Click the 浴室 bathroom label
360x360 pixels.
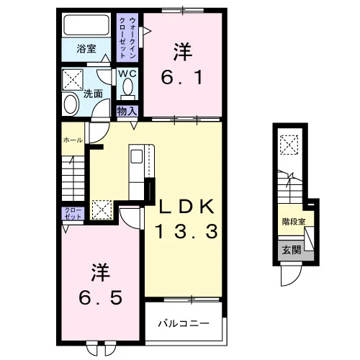[x=86, y=49]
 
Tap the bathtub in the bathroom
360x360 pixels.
[x=86, y=25]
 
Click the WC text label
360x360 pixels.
[x=127, y=73]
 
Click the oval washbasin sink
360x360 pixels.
[x=71, y=104]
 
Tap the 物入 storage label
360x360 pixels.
[x=127, y=111]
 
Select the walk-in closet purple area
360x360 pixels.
[x=127, y=37]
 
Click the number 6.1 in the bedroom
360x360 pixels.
[x=181, y=77]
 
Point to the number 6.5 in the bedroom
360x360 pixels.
[x=101, y=298]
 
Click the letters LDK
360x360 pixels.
[x=187, y=207]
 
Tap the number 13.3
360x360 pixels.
[x=186, y=231]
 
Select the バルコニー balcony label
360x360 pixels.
[x=184, y=324]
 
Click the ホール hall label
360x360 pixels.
[x=73, y=140]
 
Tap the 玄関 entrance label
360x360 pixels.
[x=292, y=250]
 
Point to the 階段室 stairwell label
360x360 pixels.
[x=294, y=222]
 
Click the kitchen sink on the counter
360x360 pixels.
[x=136, y=156]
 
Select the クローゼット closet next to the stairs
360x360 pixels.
[x=73, y=213]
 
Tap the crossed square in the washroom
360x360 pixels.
[x=73, y=80]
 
